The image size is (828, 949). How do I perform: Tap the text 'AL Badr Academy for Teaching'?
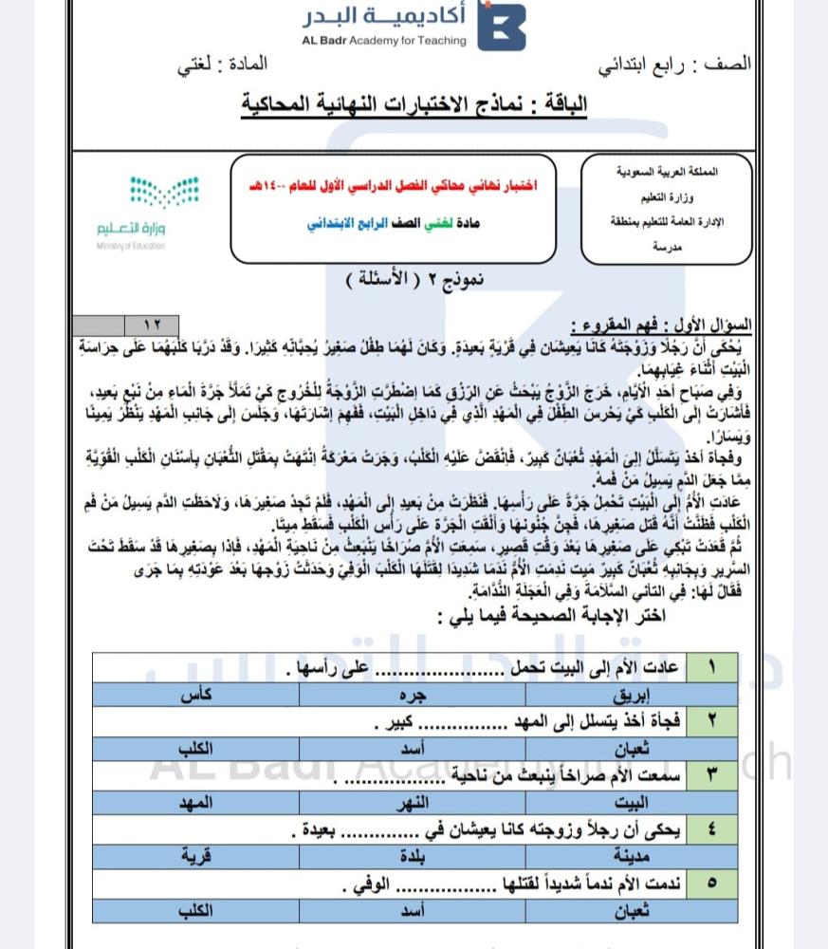[x=384, y=41]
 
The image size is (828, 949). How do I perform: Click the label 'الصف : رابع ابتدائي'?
[x=673, y=65]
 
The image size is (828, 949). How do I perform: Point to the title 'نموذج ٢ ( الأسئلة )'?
[x=414, y=279]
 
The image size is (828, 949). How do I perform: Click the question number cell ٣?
[x=712, y=775]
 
